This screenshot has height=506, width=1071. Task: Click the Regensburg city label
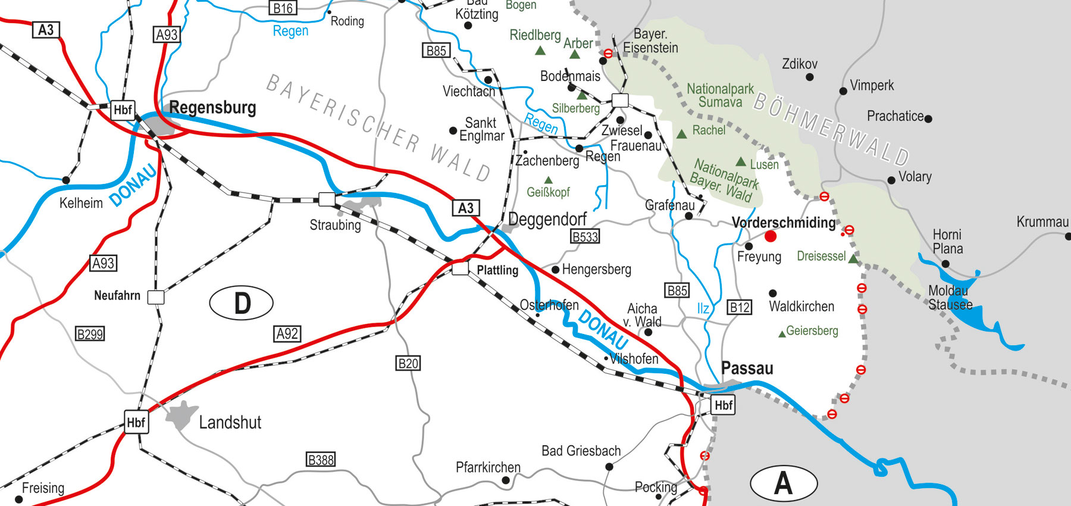pos(212,108)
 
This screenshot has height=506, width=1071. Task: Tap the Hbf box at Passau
pos(723,405)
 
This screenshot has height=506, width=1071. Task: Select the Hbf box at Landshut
pos(136,422)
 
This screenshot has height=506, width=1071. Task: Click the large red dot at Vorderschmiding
pos(771,236)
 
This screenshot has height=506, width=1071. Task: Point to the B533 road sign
pos(585,236)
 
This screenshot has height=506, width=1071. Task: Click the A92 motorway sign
pos(287,334)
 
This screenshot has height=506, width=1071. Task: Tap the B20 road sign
pos(408,363)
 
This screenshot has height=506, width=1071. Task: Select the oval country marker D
pos(241,303)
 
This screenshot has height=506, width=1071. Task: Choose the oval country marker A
pos(783,483)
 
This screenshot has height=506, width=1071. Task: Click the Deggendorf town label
pos(547,220)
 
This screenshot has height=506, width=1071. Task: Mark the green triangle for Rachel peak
pos(682,134)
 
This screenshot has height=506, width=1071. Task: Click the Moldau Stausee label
pos(950,298)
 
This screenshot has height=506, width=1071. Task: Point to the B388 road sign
pos(321,460)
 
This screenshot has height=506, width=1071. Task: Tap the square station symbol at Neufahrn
pos(156,297)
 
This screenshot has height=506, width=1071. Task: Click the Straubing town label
pos(335,225)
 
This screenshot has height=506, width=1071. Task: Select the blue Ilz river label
pos(703,308)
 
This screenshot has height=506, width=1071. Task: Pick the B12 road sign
pos(740,307)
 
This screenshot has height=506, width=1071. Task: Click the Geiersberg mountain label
pos(812,330)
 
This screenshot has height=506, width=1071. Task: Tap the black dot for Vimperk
pos(843,91)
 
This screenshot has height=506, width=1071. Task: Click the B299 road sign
pos(90,334)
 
